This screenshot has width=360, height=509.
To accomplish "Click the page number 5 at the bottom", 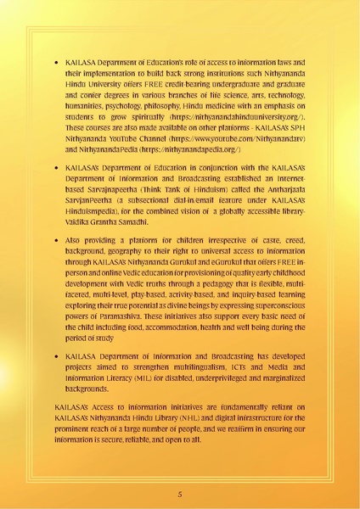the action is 180,493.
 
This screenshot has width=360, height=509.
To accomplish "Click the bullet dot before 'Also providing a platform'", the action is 56,241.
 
